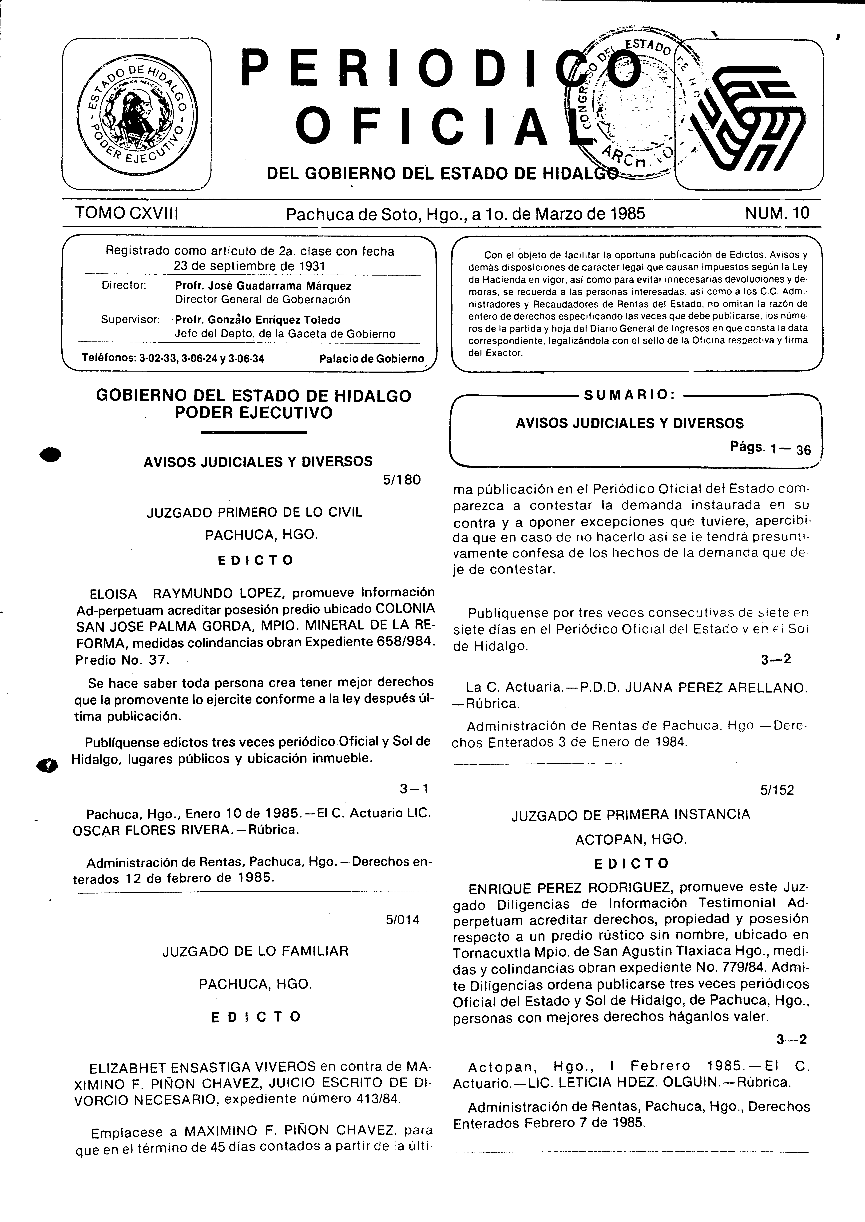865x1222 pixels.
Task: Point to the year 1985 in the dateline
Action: tap(627, 214)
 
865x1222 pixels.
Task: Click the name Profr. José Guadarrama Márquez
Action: tap(263, 286)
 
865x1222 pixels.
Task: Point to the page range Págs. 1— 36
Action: tap(770, 448)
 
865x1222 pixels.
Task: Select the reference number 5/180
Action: tap(402, 480)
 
